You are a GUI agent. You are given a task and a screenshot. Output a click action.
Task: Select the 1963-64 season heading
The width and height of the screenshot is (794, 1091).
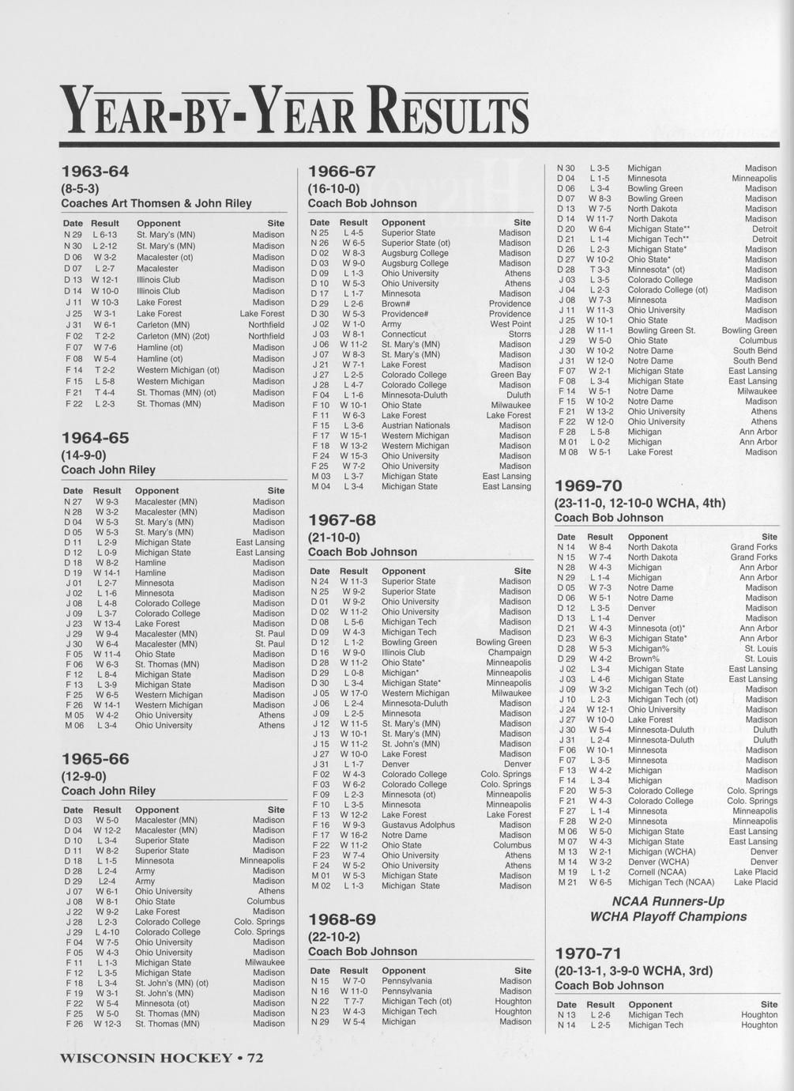pyautogui.click(x=95, y=172)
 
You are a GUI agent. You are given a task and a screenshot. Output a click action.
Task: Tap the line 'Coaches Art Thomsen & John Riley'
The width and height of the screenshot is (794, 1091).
pyautogui.click(x=156, y=203)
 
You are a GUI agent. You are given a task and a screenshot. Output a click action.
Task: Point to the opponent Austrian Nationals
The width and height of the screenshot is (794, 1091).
pyautogui.click(x=416, y=425)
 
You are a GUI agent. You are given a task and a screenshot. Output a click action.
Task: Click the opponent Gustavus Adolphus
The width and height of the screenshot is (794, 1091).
pyautogui.click(x=418, y=825)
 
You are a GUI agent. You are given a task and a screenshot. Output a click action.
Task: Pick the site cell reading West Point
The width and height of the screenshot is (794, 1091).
pyautogui.click(x=510, y=324)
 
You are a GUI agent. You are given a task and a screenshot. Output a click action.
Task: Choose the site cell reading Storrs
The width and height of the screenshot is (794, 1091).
pyautogui.click(x=518, y=334)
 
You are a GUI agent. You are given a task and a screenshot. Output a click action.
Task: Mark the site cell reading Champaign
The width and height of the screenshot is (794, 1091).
pyautogui.click(x=509, y=652)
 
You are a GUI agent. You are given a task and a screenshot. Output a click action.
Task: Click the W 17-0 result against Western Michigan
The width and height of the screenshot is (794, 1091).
pyautogui.click(x=353, y=693)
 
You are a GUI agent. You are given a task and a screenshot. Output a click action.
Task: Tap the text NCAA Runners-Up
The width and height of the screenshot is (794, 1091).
pyautogui.click(x=668, y=901)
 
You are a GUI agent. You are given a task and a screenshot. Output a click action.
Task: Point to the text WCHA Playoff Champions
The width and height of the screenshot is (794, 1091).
pyautogui.click(x=668, y=917)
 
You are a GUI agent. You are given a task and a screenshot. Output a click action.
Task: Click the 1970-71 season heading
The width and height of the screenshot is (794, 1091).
pyautogui.click(x=588, y=953)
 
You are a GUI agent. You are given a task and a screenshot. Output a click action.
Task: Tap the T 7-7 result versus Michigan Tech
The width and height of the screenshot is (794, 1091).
pyautogui.click(x=353, y=1001)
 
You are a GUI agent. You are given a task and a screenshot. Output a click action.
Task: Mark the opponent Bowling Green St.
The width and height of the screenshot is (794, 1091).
pyautogui.click(x=661, y=330)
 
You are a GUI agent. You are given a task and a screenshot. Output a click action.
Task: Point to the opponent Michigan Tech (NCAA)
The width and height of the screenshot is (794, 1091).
pyautogui.click(x=671, y=882)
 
